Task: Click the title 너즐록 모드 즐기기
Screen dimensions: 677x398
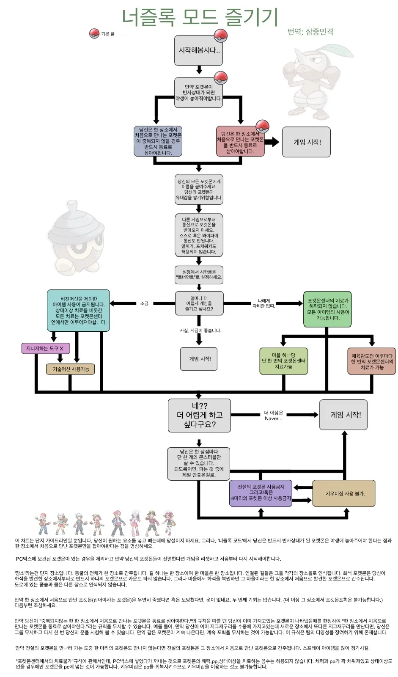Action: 199,17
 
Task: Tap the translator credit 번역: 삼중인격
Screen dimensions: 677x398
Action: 310,32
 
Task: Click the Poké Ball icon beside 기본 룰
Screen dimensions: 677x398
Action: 94,33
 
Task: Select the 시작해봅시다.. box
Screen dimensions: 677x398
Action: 199,50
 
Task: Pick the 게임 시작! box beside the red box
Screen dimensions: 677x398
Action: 307,142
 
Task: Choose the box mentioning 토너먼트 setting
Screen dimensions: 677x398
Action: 199,275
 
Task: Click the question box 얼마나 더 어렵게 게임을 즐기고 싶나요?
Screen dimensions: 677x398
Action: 199,303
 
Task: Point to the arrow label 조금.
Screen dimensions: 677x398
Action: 145,303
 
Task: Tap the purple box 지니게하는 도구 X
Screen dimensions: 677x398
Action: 45,348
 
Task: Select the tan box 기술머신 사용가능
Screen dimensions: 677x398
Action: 71,369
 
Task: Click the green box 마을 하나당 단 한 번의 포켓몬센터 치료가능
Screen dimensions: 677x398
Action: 283,361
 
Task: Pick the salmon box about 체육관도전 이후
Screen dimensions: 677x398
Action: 372,362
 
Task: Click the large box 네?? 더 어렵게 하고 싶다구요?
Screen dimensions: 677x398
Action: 199,415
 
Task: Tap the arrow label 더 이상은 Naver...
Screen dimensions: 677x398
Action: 273,416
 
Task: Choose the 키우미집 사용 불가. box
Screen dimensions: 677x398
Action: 344,493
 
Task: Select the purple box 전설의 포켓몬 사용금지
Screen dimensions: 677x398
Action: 261,493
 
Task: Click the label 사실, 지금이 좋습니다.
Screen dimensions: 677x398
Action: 200,330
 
